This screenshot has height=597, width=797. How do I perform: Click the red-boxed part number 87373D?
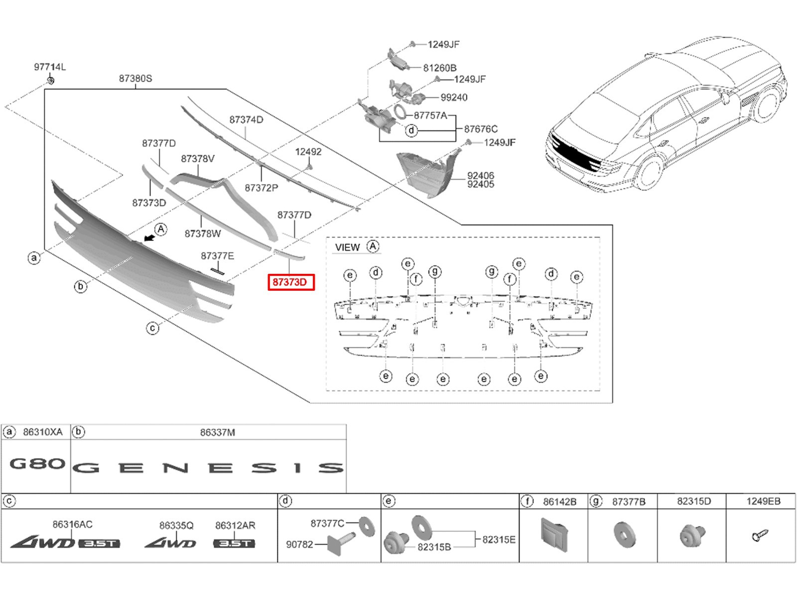pyautogui.click(x=291, y=283)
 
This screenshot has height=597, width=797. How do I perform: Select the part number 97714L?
pyautogui.click(x=50, y=67)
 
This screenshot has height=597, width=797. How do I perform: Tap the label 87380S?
pyautogui.click(x=135, y=79)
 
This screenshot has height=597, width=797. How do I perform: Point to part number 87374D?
pyautogui.click(x=246, y=120)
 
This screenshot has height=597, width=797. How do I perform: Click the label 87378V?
pyautogui.click(x=198, y=159)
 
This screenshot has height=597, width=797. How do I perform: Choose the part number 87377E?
pyautogui.click(x=217, y=256)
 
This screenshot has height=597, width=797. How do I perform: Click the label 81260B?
pyautogui.click(x=440, y=68)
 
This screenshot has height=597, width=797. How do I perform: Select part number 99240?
pyautogui.click(x=454, y=98)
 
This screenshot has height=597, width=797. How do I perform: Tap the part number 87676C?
pyautogui.click(x=481, y=129)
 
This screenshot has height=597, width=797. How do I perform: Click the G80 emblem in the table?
pyautogui.click(x=37, y=464)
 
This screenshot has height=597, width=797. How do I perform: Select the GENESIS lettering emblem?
pyautogui.click(x=208, y=468)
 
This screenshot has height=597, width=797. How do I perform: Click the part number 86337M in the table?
pyautogui.click(x=217, y=433)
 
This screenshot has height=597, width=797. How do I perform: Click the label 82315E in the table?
pyautogui.click(x=499, y=539)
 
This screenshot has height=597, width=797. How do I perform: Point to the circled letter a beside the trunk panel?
pyautogui.click(x=34, y=258)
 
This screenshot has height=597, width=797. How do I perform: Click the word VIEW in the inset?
pyautogui.click(x=347, y=247)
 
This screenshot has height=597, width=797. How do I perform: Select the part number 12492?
pyautogui.click(x=308, y=152)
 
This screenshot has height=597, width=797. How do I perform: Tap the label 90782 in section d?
pyautogui.click(x=299, y=544)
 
